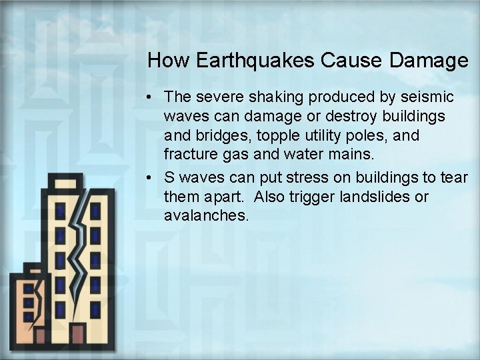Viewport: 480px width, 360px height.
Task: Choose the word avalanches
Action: pyautogui.click(x=206, y=217)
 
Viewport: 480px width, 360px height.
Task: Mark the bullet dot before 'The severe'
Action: pyautogui.click(x=153, y=97)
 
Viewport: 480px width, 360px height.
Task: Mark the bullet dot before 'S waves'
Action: pyautogui.click(x=153, y=179)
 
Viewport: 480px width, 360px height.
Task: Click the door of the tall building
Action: pyautogui.click(x=79, y=335)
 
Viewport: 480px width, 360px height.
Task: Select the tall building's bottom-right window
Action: pyautogui.click(x=96, y=309)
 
